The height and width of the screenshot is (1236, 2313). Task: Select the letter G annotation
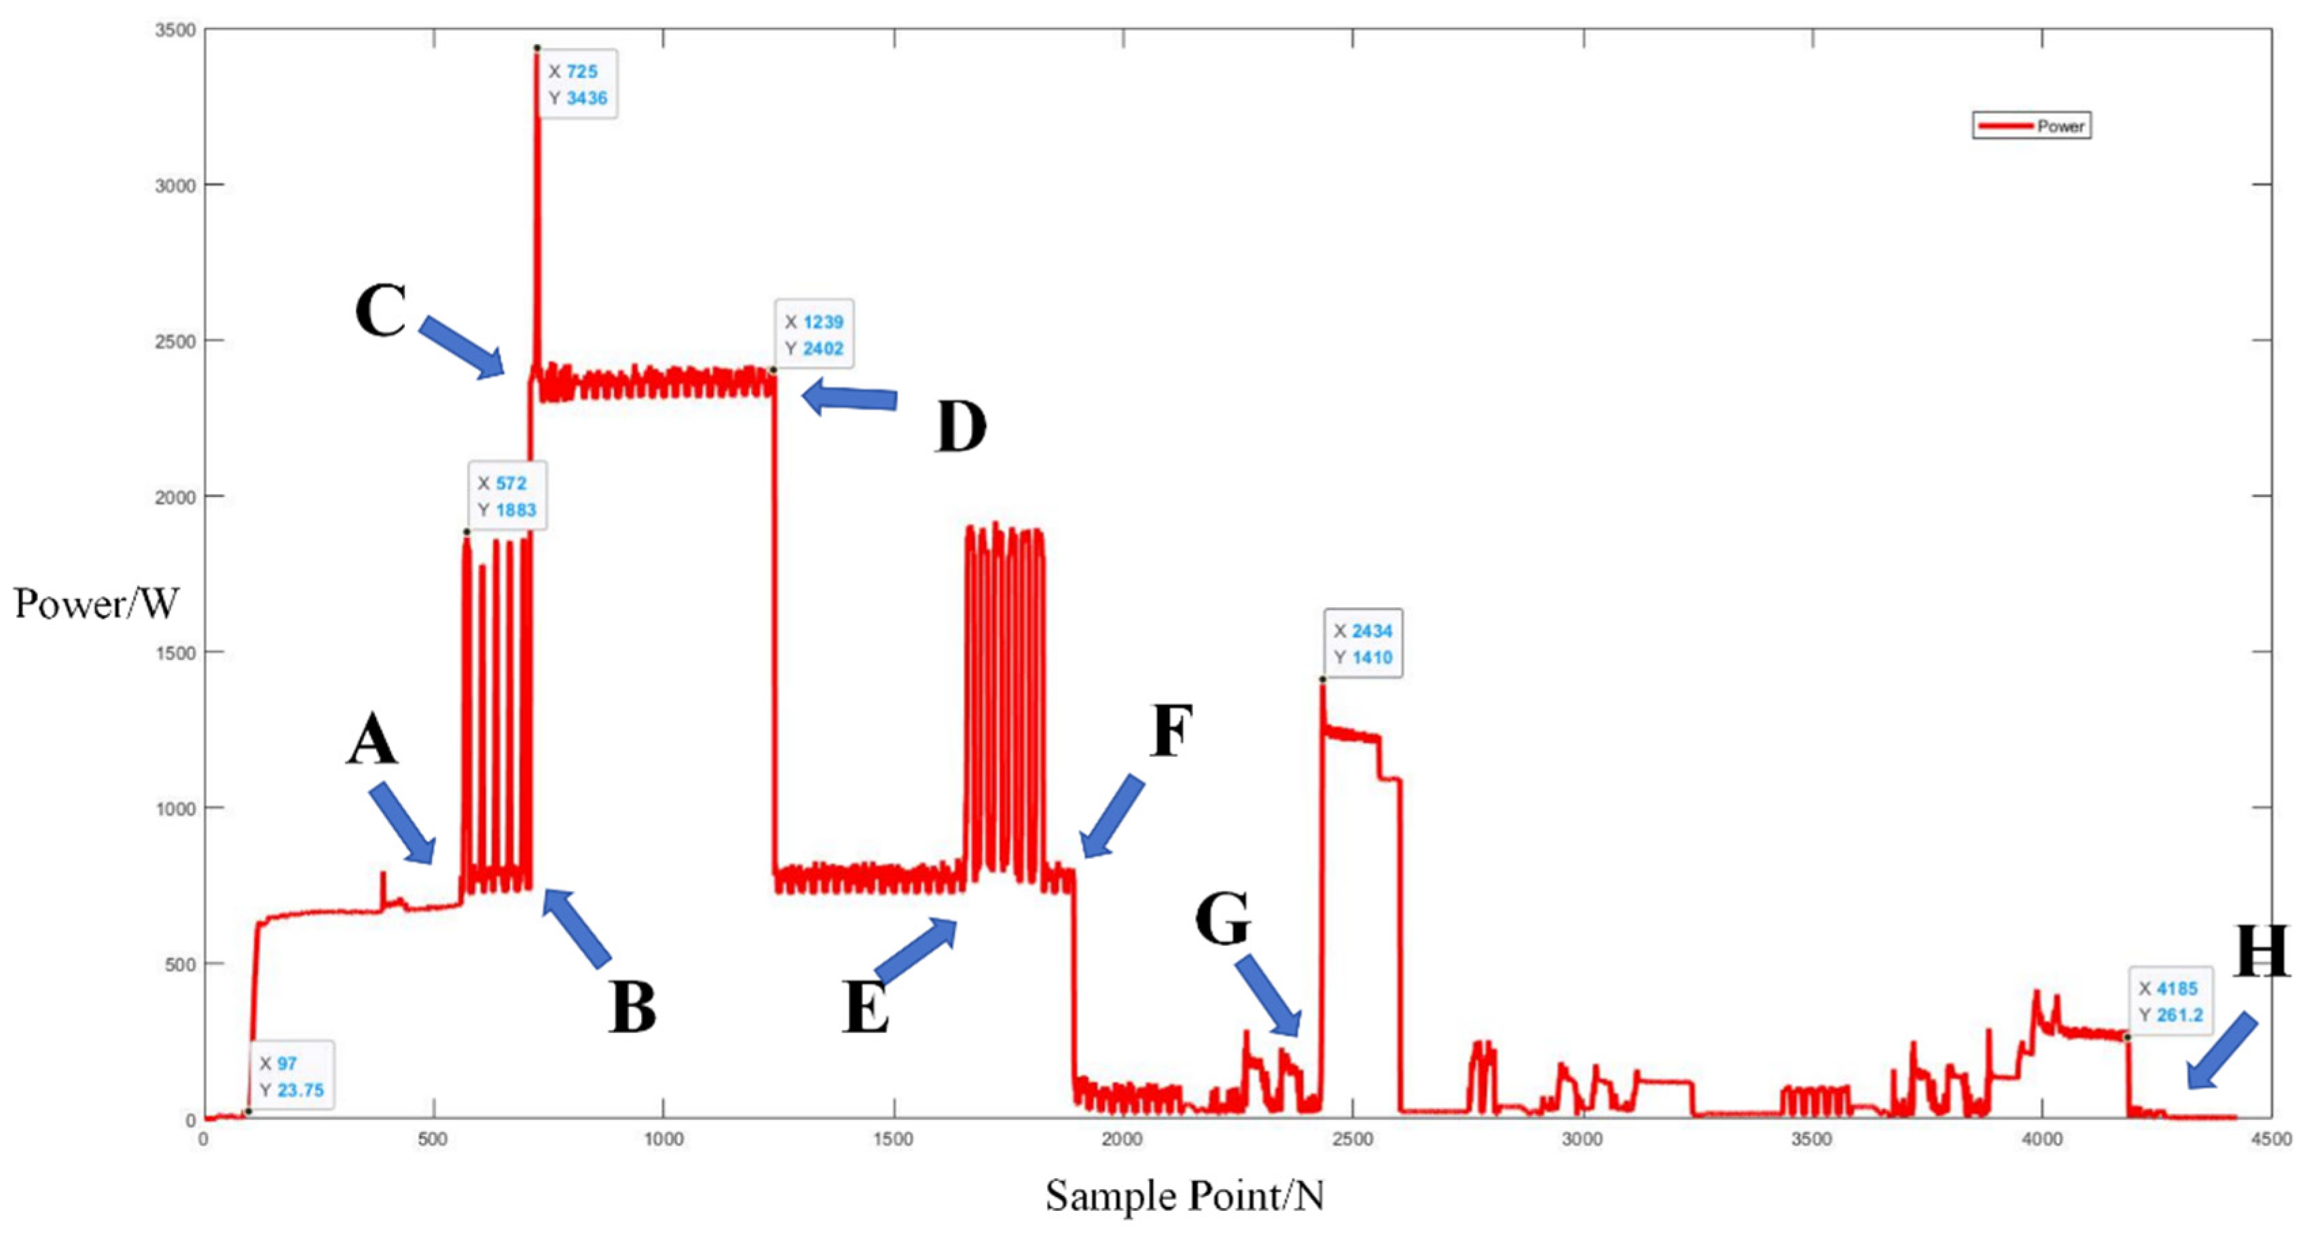tap(1222, 919)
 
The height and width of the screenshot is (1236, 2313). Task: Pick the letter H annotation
tap(2260, 951)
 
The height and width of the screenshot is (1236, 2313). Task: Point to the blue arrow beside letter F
tap(1112, 816)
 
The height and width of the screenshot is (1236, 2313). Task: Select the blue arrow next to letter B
tap(577, 927)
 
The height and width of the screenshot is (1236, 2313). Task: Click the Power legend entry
tap(2031, 126)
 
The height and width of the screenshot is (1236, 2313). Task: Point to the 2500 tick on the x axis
tap(1352, 1140)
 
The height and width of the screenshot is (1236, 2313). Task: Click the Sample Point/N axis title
tap(1184, 1195)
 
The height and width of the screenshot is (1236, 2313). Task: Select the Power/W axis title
tap(96, 604)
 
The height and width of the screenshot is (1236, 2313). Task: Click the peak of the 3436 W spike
tap(537, 48)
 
